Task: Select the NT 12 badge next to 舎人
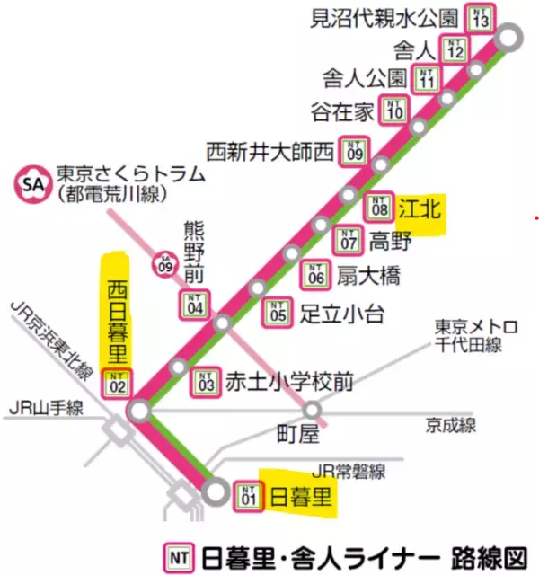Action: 454,49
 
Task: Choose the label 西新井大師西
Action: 269,149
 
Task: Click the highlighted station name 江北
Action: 420,209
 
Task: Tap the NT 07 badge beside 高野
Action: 349,241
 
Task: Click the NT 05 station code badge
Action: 278,313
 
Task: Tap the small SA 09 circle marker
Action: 164,263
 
